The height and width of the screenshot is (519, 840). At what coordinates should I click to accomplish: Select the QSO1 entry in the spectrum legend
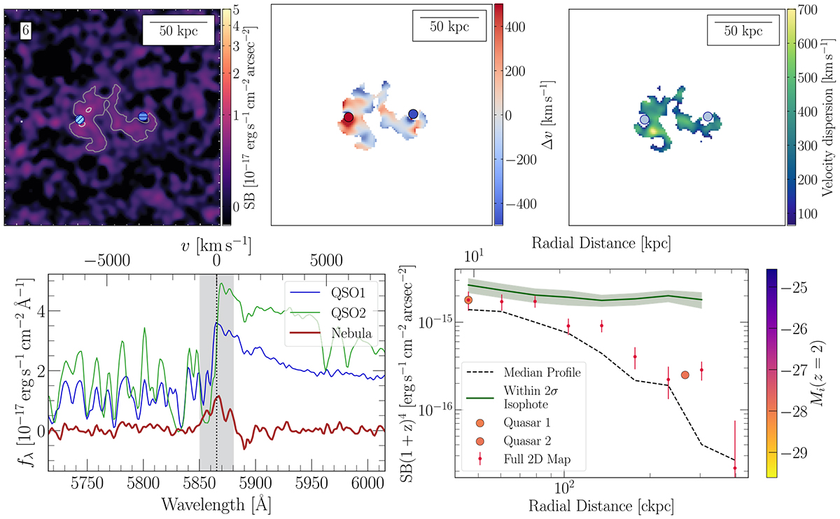pyautogui.click(x=337, y=291)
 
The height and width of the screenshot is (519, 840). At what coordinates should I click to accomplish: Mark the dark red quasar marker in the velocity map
pyautogui.click(x=348, y=117)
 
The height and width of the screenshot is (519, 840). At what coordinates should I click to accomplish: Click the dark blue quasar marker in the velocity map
pyautogui.click(x=413, y=113)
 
